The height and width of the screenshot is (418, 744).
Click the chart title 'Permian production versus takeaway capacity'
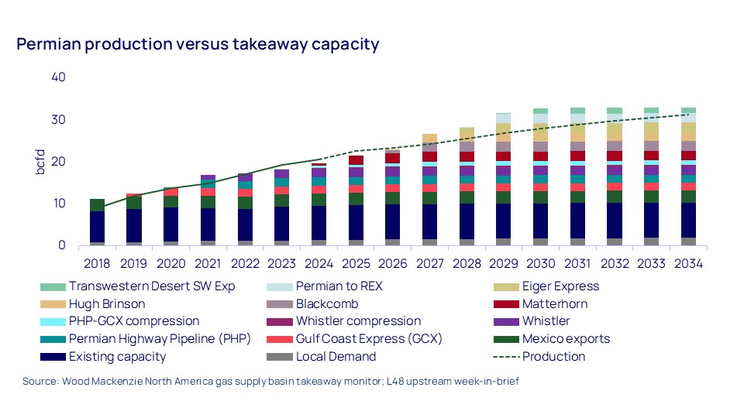point(198,44)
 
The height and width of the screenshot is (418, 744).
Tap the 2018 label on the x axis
point(97,263)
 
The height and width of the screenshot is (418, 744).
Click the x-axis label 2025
point(355,263)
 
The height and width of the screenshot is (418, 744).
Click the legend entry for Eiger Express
point(561,286)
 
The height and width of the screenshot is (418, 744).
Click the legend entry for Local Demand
point(336,357)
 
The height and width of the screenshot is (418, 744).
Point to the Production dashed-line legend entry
point(553,357)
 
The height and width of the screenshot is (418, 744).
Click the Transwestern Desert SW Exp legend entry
point(151,286)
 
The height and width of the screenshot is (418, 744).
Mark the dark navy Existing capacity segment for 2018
point(97,227)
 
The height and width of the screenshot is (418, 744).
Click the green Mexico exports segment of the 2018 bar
point(97,205)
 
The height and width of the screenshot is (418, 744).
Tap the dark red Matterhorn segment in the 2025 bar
point(355,160)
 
